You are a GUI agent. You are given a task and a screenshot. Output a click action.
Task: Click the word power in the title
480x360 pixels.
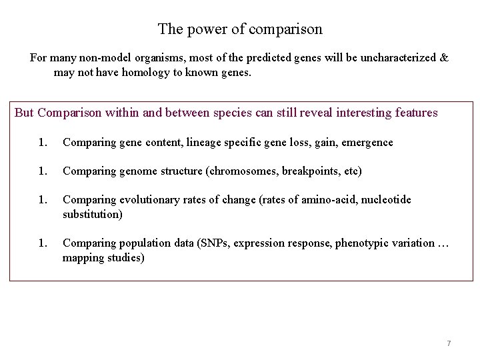pyautogui.click(x=203, y=29)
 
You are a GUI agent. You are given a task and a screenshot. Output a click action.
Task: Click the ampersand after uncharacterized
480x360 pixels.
pyautogui.click(x=444, y=58)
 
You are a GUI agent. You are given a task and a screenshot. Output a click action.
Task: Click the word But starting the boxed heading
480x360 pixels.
pyautogui.click(x=24, y=113)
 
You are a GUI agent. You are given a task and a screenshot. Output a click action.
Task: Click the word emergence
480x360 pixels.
pyautogui.click(x=367, y=142)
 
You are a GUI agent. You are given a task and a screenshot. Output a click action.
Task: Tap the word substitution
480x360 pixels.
pyautogui.click(x=92, y=215)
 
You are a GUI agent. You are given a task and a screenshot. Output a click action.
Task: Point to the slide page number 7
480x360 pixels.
pyautogui.click(x=449, y=343)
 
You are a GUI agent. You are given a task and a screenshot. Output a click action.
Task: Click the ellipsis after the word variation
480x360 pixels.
pyautogui.click(x=444, y=243)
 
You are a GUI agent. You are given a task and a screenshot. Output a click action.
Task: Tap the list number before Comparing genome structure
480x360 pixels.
pyautogui.click(x=43, y=171)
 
